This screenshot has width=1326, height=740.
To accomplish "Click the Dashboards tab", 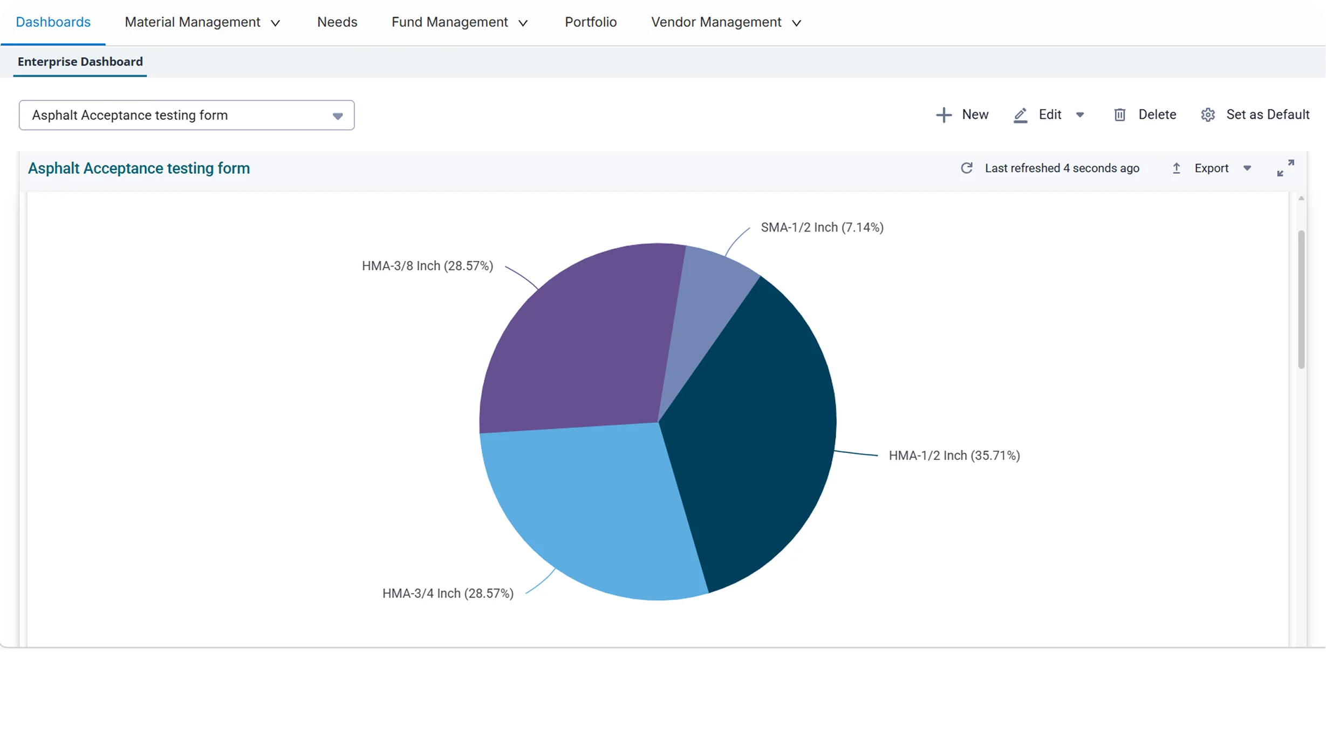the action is (x=53, y=22).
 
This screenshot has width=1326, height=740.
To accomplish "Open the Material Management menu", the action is (x=202, y=22).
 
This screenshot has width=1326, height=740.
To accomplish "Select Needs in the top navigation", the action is (x=337, y=22).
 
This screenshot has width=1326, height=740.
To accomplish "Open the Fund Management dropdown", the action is (x=460, y=22).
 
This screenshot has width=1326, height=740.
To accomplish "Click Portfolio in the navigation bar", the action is (x=591, y=22).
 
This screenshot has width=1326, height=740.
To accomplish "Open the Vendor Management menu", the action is (x=726, y=22).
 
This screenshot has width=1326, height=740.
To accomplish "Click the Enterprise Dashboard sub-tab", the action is (x=80, y=62).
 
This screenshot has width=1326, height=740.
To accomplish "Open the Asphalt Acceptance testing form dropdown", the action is (x=187, y=115).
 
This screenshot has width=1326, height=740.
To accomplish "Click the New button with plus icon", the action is (x=962, y=115).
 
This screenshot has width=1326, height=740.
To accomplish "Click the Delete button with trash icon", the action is (x=1145, y=115).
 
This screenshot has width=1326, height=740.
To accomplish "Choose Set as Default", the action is (x=1255, y=115).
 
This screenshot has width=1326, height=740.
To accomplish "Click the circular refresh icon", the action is (x=967, y=168).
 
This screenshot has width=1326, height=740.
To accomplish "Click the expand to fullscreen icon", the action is (x=1286, y=168).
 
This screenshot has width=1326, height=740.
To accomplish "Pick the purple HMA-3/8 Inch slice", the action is (x=583, y=345).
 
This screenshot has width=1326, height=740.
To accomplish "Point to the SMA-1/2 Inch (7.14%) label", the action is (x=822, y=228).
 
